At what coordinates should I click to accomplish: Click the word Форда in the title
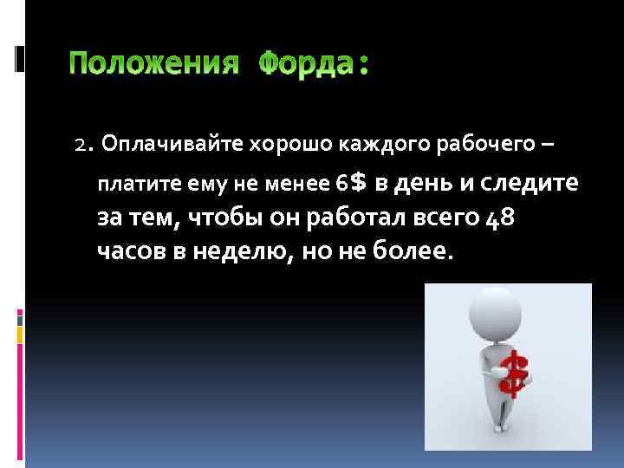[x=308, y=64]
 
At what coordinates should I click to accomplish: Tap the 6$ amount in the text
[x=352, y=182]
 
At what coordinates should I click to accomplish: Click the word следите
[x=530, y=182]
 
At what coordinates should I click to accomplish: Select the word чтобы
[x=221, y=217]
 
